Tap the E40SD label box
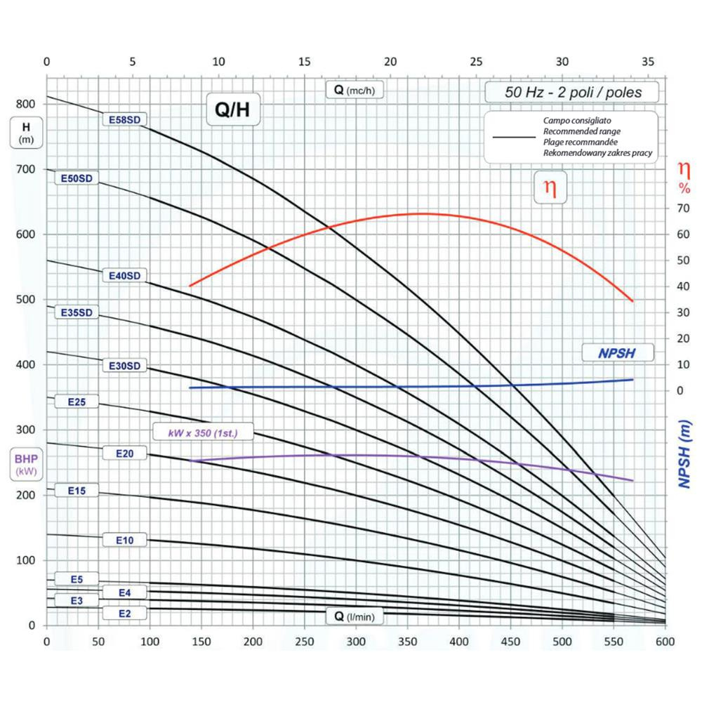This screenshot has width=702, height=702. (124, 276)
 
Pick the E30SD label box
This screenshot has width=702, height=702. (124, 366)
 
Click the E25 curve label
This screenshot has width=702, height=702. (77, 402)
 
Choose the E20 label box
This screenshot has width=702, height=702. (124, 453)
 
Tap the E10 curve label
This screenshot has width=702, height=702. (124, 540)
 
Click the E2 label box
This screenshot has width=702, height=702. (124, 613)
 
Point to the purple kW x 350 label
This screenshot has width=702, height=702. (203, 433)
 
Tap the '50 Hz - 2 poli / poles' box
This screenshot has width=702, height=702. (573, 92)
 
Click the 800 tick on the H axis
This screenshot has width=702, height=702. (26, 104)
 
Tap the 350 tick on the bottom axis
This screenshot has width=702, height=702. (408, 642)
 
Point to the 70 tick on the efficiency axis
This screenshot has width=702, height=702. (677, 208)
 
